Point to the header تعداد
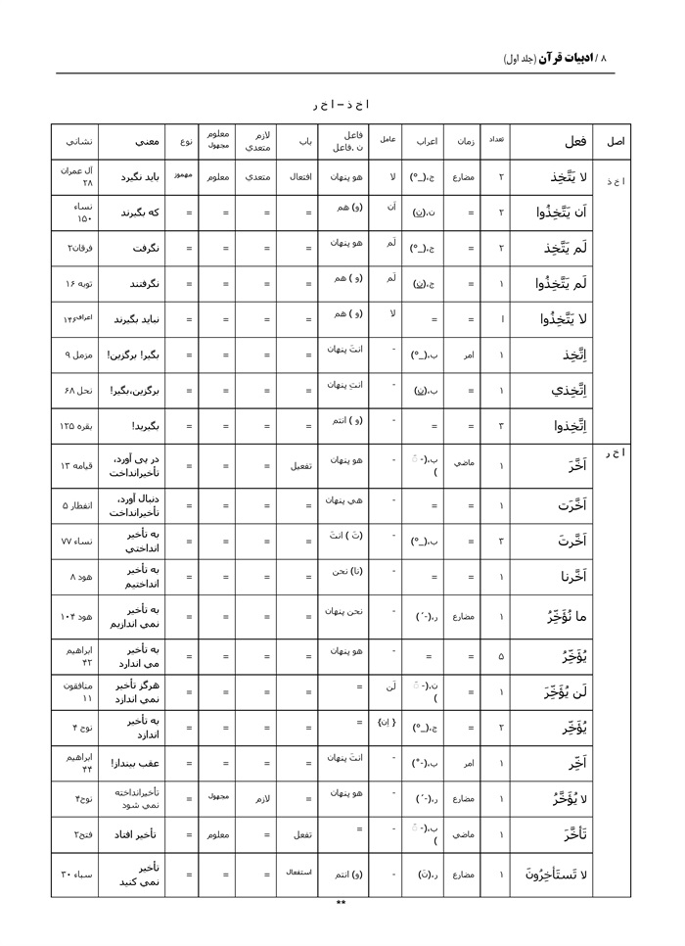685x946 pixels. tap(496, 141)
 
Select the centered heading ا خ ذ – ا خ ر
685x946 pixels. tap(341, 103)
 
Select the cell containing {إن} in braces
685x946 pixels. tap(387, 726)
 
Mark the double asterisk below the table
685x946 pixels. tap(341, 904)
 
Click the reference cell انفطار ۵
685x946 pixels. tap(74, 506)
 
